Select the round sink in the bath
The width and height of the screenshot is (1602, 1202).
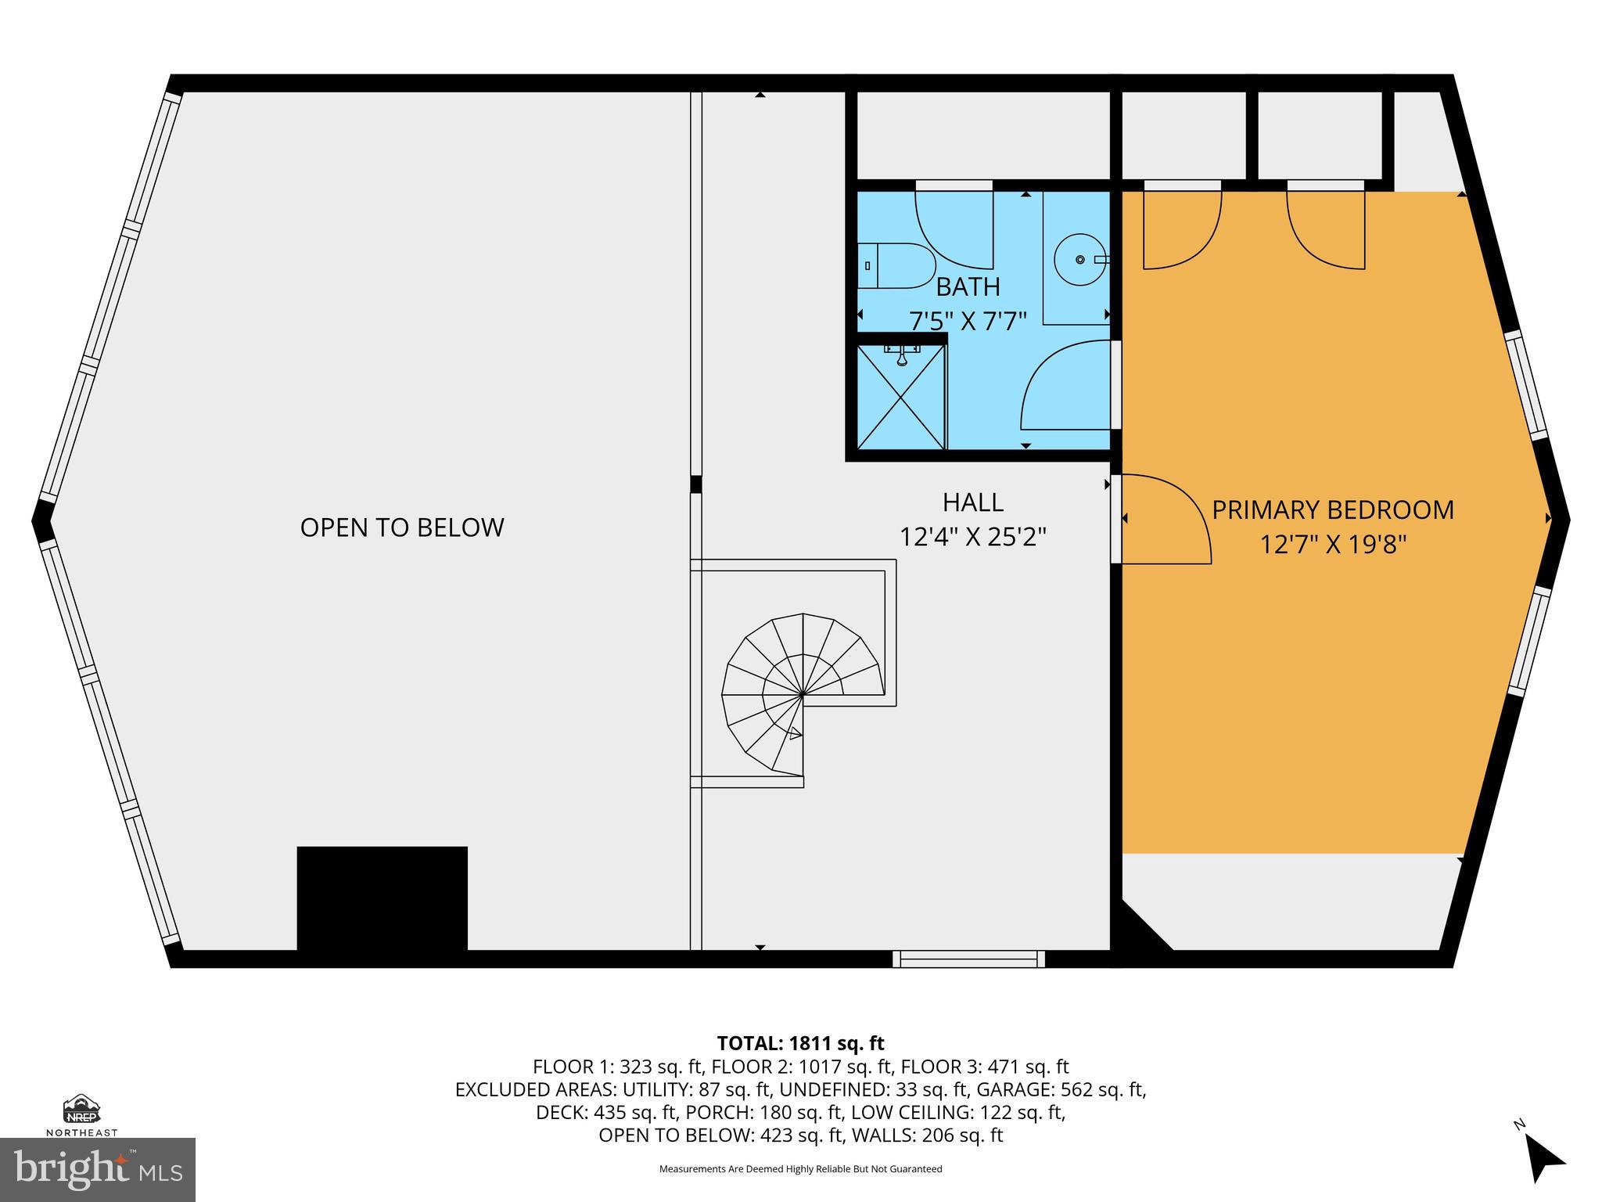pos(1079,259)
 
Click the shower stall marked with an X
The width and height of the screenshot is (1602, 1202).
pos(901,397)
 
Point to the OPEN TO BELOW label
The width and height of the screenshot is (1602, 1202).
pos(402,527)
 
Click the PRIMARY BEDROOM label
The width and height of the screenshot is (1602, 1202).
pos(1333,510)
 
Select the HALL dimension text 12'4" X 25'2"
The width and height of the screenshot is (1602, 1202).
pos(972,537)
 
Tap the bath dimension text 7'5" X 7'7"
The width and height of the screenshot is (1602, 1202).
pos(968,321)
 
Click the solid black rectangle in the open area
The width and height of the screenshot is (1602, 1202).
pos(382,898)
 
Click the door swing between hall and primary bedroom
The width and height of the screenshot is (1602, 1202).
pos(1166,520)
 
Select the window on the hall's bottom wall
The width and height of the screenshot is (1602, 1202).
pos(968,958)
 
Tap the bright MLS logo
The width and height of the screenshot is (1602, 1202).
pos(97,1169)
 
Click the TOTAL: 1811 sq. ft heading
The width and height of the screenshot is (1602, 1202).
pos(800,1043)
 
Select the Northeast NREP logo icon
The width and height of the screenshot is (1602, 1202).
pos(81,1110)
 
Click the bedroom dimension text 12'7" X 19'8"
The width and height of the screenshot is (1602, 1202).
pos(1333,545)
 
